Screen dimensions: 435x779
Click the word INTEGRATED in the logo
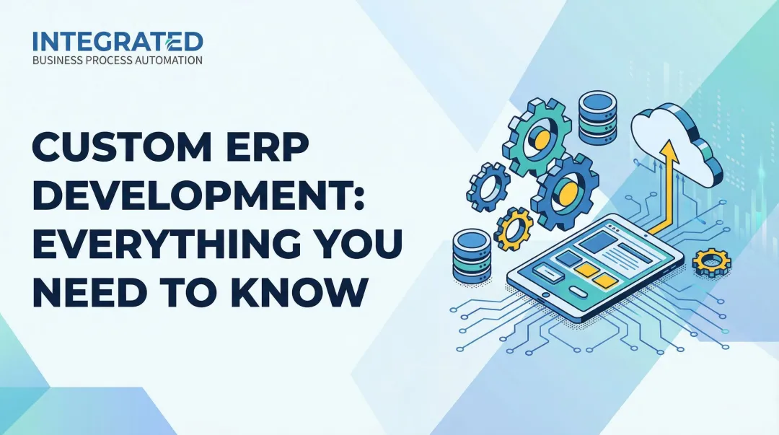pos(118,40)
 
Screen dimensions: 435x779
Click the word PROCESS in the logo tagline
pos(111,61)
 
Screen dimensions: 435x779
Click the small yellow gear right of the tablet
pos(707,260)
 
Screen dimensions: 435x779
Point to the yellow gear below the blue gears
pos(516,227)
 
